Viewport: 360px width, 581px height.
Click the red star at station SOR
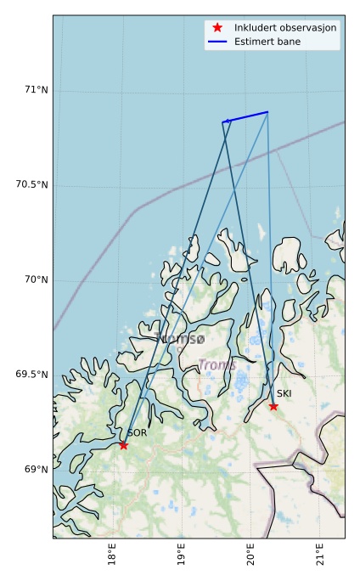(124, 445)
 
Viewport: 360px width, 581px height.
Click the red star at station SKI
(273, 406)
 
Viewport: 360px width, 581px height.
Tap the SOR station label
(138, 433)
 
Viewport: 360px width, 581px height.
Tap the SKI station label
(284, 394)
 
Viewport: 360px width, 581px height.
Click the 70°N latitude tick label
(36, 279)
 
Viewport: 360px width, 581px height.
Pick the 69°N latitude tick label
(36, 470)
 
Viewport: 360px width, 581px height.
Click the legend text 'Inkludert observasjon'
(285, 28)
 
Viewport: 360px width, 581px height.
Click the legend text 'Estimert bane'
(267, 41)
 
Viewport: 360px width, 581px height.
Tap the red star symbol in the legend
(217, 28)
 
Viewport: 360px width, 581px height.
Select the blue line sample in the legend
(217, 41)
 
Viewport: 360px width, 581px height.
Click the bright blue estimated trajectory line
(246, 117)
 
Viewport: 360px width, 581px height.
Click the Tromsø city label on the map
(181, 339)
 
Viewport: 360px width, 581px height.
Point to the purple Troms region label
(217, 365)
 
